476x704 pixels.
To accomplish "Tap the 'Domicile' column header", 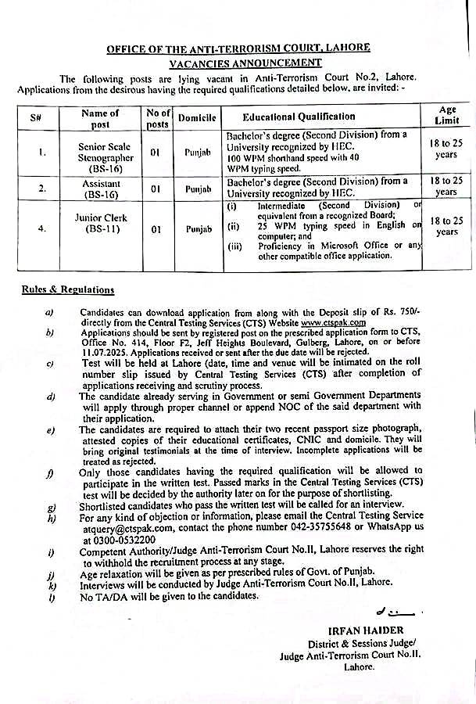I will tap(191, 118).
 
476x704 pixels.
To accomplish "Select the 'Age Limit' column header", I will tap(447, 117).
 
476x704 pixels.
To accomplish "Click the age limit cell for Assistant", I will tap(447, 186).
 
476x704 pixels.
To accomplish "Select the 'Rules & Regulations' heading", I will tap(67, 290).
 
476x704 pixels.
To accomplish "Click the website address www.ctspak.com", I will tap(334, 321).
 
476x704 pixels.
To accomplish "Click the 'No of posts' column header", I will tap(157, 118).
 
